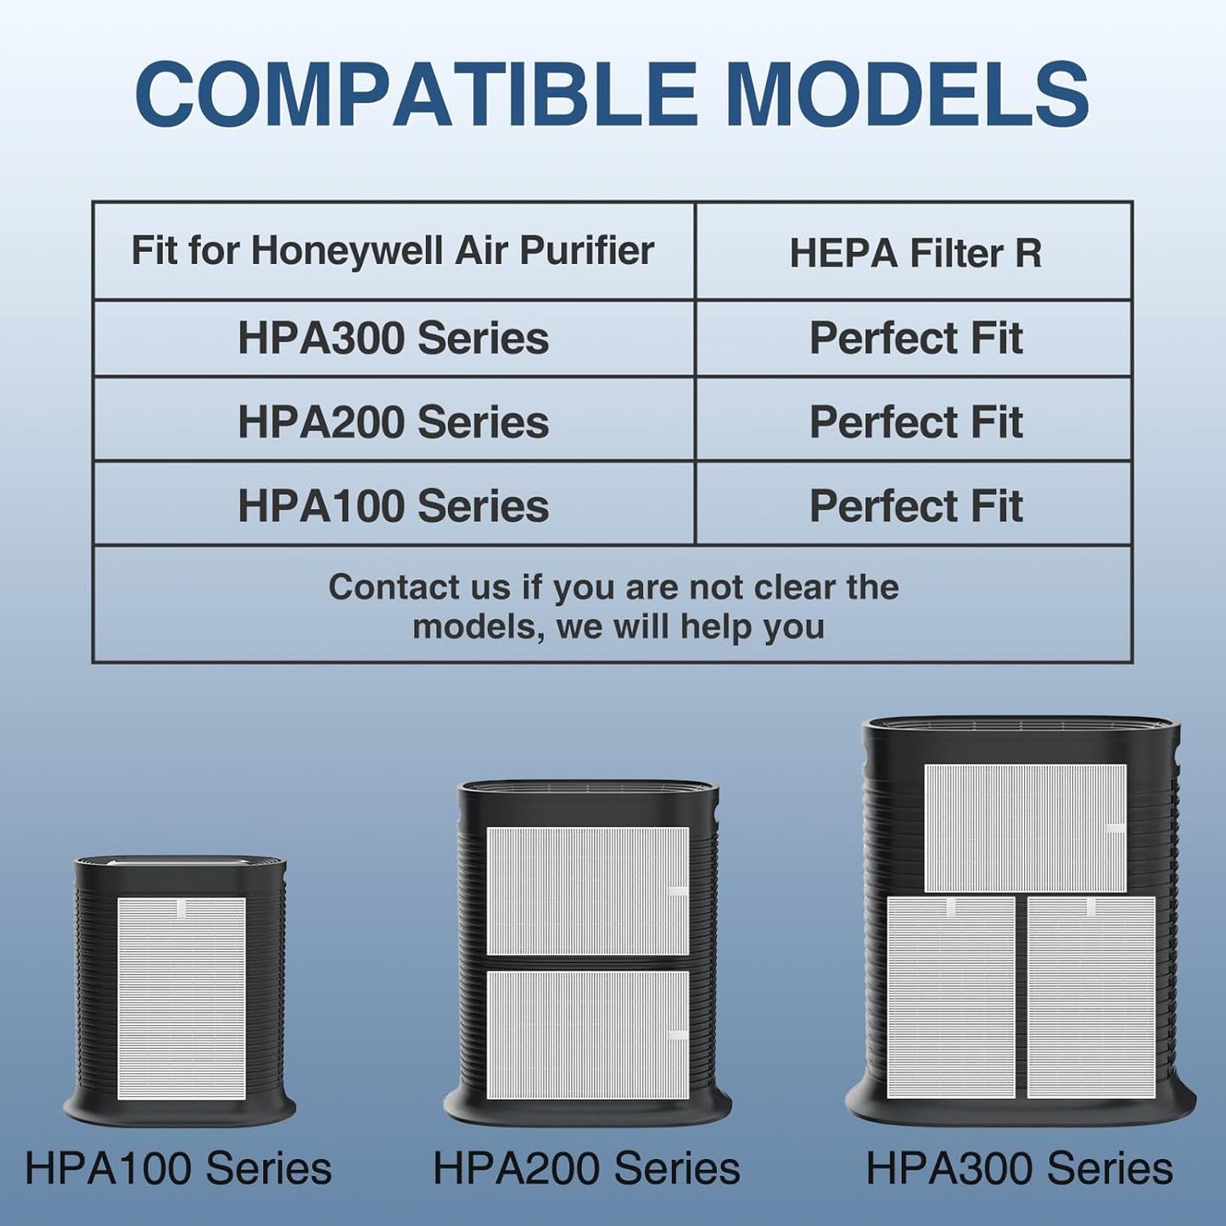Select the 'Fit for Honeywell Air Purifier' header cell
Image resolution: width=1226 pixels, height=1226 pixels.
(x=393, y=250)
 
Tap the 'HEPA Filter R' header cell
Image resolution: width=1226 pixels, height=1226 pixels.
(x=915, y=253)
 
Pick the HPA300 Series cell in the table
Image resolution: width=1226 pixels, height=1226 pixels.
(x=393, y=338)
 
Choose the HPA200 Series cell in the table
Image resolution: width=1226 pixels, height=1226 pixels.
(x=393, y=422)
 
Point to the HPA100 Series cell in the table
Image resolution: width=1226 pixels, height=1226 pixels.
(x=393, y=506)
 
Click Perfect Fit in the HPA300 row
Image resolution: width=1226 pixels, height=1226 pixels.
(x=915, y=338)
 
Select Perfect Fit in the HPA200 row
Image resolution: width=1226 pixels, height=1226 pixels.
(x=915, y=422)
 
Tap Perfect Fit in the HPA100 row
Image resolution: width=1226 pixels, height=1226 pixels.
(x=915, y=506)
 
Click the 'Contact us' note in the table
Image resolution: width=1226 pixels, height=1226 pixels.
(x=613, y=606)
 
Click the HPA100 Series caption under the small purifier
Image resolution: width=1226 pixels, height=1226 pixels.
(x=178, y=1168)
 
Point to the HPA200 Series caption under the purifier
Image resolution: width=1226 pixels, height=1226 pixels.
(x=586, y=1168)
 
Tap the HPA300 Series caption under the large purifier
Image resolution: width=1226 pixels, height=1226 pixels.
(x=1019, y=1168)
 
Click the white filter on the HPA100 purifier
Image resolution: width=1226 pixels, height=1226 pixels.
(x=182, y=999)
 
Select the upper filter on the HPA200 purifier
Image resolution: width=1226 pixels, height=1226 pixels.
(x=587, y=891)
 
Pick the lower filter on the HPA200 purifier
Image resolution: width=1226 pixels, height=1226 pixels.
(x=587, y=1035)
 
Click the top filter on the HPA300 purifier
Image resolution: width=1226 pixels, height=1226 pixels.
(x=1025, y=828)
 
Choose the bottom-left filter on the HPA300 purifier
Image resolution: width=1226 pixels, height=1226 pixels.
(x=951, y=997)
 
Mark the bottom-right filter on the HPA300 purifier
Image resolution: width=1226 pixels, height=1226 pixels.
(x=1091, y=997)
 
